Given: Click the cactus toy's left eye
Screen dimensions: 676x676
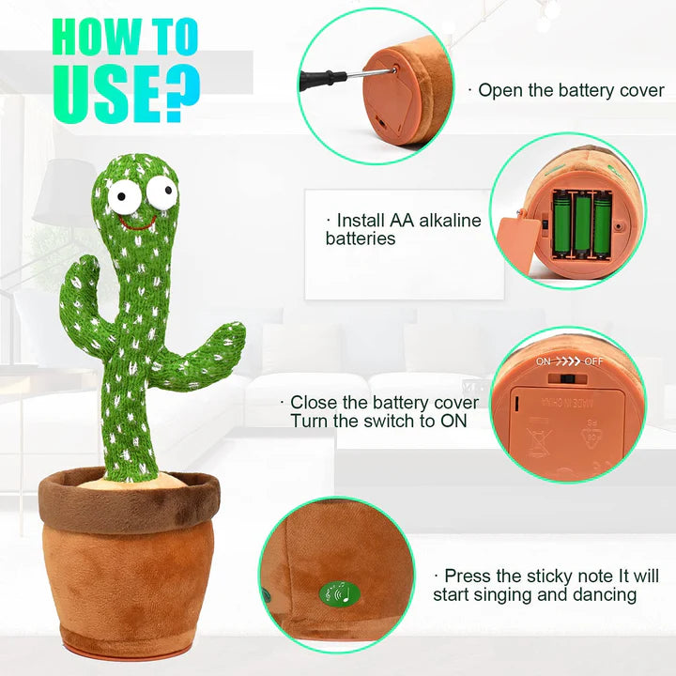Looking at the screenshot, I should [120, 197].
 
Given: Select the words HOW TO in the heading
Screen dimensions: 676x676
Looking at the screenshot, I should [125, 38].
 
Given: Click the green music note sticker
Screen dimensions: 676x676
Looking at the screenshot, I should [338, 593].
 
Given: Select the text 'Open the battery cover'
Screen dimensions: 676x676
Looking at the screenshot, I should [571, 91].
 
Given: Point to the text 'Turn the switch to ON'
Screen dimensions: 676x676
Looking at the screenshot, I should [378, 421].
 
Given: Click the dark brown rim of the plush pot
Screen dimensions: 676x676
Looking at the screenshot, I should [129, 497].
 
